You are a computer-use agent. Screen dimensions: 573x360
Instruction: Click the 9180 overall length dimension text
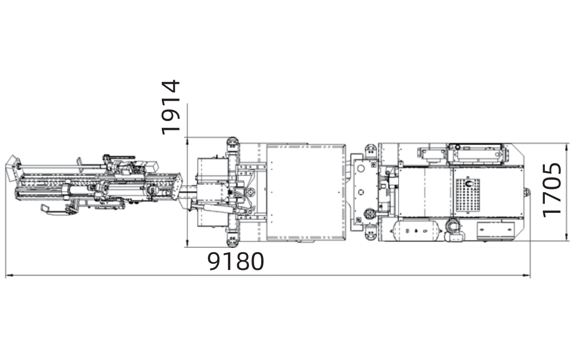click(235, 261)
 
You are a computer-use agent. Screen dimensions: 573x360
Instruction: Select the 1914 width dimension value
click(171, 107)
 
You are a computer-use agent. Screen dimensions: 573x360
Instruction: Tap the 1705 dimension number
click(552, 190)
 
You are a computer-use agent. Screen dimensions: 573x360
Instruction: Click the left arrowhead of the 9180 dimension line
click(9, 275)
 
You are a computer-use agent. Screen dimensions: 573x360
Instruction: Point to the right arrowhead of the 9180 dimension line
click(526, 275)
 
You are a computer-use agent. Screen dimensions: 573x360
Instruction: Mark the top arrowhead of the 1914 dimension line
click(187, 141)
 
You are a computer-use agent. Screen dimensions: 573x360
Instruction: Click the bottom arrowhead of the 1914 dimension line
click(187, 243)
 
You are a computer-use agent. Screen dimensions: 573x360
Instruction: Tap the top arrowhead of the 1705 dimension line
click(566, 147)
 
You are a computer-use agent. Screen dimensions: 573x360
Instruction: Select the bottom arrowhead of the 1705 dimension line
click(566, 237)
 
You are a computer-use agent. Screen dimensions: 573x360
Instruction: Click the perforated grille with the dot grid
click(468, 195)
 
